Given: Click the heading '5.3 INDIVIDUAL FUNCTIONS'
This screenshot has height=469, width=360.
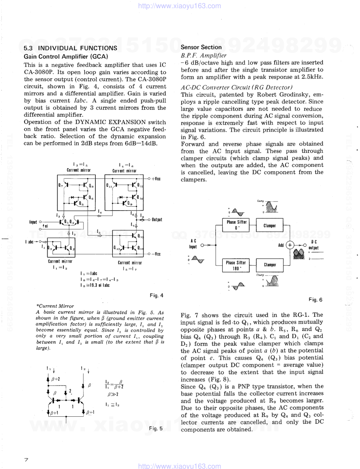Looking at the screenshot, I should pos(70,48).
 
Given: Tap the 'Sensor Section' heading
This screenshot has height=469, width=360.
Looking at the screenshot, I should pos(201,47).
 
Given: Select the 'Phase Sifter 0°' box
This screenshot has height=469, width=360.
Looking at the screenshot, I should pos(237,225).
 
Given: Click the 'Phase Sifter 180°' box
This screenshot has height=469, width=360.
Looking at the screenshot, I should pos(236,265).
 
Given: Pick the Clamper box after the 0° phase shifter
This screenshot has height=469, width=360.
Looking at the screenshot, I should pos(269,225).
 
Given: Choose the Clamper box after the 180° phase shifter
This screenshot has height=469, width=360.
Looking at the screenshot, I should pos(270,265).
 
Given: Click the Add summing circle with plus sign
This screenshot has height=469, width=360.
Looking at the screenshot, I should pos(290,245).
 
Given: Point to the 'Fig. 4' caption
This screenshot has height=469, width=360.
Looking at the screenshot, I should pos(157,295).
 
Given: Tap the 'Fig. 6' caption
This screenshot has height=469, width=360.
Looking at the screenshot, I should pos(315,300).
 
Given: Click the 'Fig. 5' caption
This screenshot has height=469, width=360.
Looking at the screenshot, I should pos(156,428).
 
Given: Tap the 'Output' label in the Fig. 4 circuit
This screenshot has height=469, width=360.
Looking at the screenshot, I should pos(157,220).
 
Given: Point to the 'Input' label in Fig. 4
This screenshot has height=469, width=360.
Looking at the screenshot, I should pos(33,222).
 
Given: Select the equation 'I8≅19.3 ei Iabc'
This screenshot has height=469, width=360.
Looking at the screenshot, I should pos(95,285).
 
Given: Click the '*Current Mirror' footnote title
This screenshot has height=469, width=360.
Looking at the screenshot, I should pos(55,306).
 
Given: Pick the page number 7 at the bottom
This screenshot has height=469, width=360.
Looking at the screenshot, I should pos(26,460).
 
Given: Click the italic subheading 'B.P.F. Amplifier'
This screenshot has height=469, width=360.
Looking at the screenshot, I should pos(203,55).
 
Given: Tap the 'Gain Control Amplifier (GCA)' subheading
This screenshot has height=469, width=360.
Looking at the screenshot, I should pos(66,57).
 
